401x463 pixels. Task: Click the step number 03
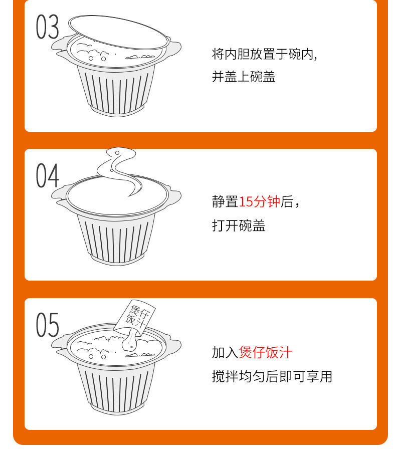48,27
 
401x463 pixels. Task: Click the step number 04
48,175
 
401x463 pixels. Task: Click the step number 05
48,325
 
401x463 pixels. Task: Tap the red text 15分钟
259,201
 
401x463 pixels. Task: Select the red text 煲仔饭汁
266,352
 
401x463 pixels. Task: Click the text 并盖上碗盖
244,77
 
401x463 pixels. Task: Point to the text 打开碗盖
239,225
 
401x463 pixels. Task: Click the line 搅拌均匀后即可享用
272,376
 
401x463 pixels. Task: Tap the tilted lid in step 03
119,32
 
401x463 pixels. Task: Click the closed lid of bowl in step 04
117,195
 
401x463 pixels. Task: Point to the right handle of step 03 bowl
174,47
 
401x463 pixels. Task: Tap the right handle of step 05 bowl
174,345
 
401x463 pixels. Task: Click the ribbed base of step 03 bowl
116,90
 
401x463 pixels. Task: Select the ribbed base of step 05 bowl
116,389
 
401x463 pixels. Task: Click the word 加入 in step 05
225,352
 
